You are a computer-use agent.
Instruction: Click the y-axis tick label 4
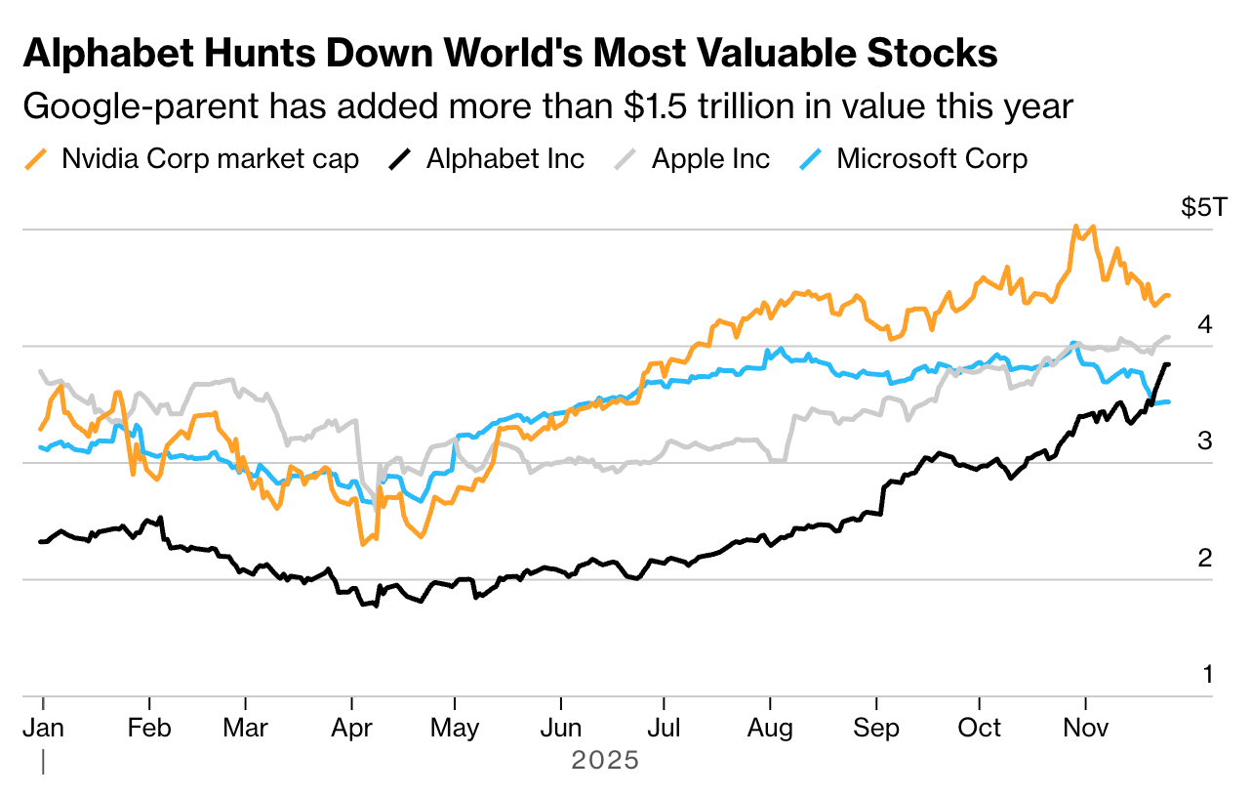1205,324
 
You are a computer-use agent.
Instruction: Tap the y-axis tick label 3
1205,441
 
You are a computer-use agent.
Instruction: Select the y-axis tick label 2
1205,558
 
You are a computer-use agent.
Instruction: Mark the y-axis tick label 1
1206,674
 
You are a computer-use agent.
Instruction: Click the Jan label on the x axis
44,729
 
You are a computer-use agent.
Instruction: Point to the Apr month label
351,729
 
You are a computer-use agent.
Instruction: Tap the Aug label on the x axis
772,729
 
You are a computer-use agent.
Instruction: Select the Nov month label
1084,729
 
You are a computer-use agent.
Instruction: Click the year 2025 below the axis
605,760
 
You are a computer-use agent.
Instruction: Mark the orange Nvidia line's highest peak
1075,227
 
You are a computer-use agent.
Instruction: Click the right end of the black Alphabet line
1169,364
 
